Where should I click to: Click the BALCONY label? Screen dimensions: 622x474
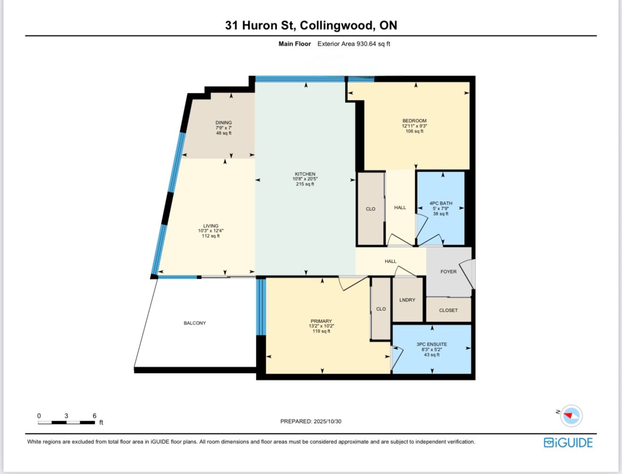(195, 323)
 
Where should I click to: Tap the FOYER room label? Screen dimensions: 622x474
(448, 272)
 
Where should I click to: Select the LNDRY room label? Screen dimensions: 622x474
(407, 300)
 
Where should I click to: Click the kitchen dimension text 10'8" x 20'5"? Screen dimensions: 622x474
(305, 179)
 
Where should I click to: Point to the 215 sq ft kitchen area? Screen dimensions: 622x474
(305, 184)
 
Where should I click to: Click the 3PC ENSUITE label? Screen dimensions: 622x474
(432, 344)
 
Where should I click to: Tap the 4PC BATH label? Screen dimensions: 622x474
(441, 203)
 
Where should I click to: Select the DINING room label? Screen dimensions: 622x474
(223, 123)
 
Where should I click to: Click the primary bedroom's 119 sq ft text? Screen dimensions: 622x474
(321, 331)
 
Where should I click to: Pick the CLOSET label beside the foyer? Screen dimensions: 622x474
(448, 310)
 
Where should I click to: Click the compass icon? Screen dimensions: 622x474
(571, 416)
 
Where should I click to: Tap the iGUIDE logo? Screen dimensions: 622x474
(568, 443)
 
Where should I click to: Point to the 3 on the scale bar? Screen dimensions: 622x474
(66, 416)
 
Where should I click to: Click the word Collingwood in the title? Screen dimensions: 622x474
(336, 25)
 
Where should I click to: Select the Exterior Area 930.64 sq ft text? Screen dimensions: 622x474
(354, 44)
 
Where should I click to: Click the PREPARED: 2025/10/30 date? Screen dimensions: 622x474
(311, 421)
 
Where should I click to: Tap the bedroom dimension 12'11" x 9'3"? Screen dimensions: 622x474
(414, 126)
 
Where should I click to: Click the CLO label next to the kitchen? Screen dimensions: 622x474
(370, 209)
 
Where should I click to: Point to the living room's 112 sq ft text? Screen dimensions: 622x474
(211, 236)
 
